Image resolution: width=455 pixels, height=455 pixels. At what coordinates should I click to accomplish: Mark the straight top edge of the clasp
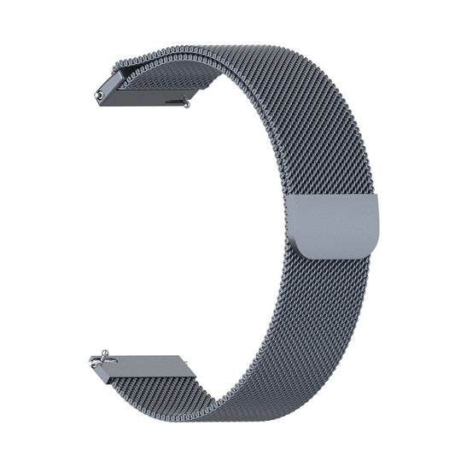pos(336,199)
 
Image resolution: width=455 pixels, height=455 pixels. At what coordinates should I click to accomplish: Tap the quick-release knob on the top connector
pos(185,103)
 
